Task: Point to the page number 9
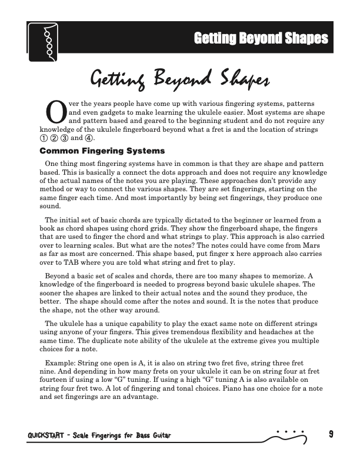click(331, 435)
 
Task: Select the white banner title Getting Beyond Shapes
click(261, 39)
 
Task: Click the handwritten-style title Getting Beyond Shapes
click(179, 77)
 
